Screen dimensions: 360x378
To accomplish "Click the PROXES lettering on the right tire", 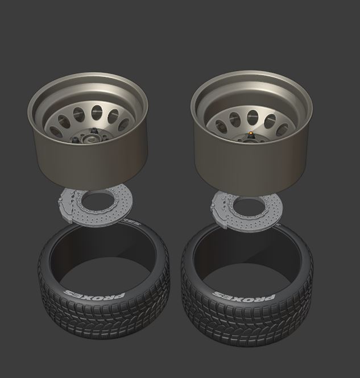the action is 244,296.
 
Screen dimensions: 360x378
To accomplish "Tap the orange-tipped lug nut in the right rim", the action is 251,134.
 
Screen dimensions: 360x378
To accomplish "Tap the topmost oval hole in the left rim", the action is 97,113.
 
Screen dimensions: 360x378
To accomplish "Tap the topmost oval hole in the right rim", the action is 253,118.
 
